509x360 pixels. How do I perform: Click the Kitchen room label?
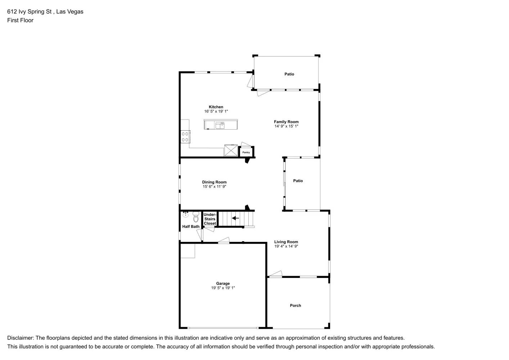(216, 107)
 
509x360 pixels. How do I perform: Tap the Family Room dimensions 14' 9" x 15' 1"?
(286, 126)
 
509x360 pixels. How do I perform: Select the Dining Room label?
(214, 182)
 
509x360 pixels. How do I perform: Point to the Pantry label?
(246, 152)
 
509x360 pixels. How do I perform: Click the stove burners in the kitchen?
(185, 137)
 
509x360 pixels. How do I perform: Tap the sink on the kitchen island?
(220, 125)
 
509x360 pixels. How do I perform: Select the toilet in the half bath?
(196, 217)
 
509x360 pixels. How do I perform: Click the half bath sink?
(185, 215)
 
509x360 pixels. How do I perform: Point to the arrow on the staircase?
(235, 218)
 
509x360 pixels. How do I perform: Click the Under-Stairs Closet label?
(210, 219)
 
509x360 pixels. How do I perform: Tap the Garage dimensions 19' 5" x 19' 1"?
(223, 288)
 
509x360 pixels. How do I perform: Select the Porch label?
(296, 306)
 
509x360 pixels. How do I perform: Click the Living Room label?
(286, 242)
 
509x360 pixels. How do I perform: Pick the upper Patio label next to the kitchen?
(289, 74)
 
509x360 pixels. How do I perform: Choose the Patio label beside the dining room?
(298, 181)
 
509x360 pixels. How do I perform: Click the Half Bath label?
(191, 226)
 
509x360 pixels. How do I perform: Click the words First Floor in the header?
(20, 20)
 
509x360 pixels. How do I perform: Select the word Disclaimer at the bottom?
(20, 338)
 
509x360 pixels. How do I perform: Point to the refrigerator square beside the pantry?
(231, 150)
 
